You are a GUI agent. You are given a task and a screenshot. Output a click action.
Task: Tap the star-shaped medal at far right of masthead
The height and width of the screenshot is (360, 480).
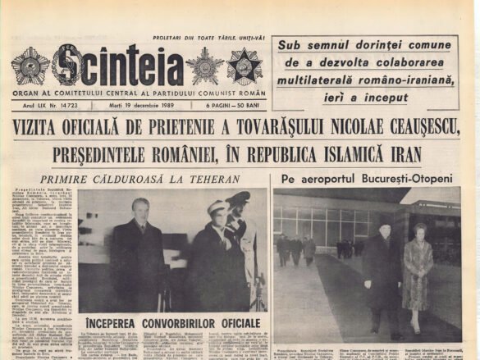click(244, 66)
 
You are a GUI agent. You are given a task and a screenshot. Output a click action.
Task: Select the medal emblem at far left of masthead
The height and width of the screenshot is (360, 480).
click(30, 66)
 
